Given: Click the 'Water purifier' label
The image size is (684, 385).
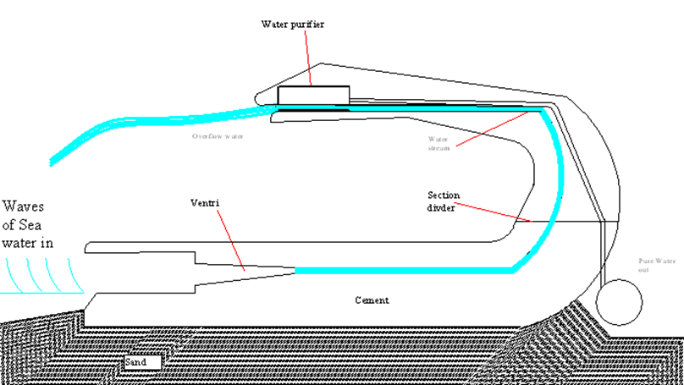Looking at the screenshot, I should point(292,24).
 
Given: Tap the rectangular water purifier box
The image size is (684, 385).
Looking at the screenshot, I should point(313,95).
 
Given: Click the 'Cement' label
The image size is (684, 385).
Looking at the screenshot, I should point(372,300).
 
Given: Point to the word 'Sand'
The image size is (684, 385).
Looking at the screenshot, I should point(135,362).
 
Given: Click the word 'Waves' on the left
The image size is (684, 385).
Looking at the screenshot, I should point(25,206).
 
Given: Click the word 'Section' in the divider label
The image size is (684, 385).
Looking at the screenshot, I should point(444,195).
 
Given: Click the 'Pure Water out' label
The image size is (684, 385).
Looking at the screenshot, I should point(659,267).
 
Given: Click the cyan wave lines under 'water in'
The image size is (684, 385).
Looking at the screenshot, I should point(38,273).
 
